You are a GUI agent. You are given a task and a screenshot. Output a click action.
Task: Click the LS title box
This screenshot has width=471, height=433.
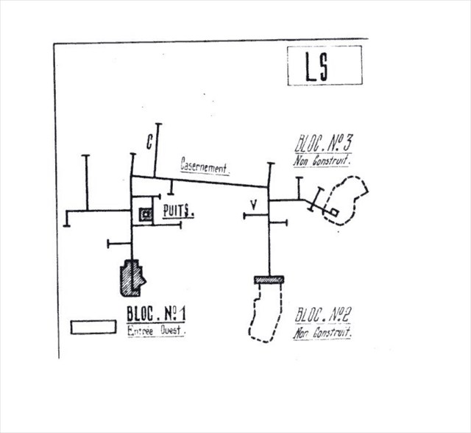click(x=324, y=65)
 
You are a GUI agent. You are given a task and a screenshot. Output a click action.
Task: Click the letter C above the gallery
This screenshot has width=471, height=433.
click(x=149, y=144)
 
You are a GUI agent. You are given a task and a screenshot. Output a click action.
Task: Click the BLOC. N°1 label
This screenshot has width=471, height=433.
click(x=155, y=316)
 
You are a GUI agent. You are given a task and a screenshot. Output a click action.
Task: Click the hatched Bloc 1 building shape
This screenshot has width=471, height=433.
click(x=133, y=276)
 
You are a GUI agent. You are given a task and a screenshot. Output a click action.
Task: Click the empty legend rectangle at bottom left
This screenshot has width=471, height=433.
click(x=93, y=327)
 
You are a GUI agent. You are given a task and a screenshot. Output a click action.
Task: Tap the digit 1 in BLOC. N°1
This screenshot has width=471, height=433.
click(x=180, y=316)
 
